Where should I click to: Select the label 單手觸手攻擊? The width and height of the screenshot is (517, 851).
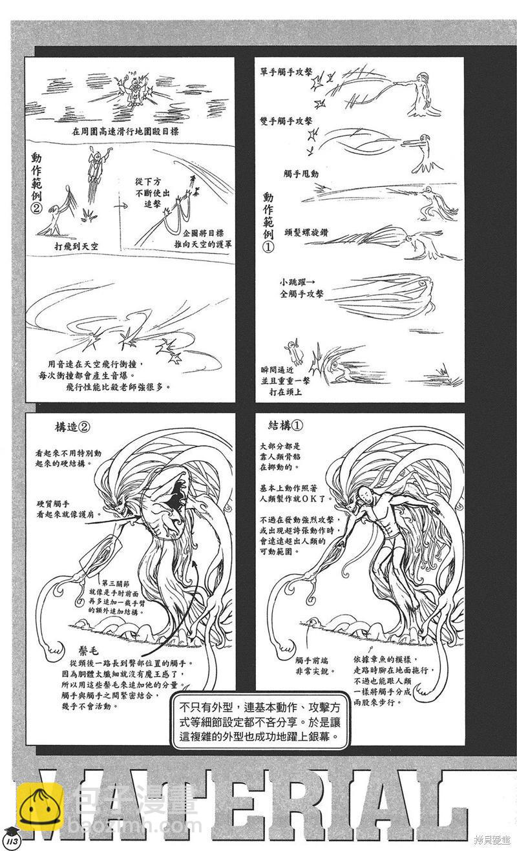point(286,72)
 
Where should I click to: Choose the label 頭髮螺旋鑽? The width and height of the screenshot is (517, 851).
point(307,227)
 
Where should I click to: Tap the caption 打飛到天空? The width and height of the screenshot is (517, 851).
point(79,247)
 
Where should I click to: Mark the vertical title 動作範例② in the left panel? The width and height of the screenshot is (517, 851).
point(37,184)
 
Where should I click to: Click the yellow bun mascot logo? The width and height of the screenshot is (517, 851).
point(40,807)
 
